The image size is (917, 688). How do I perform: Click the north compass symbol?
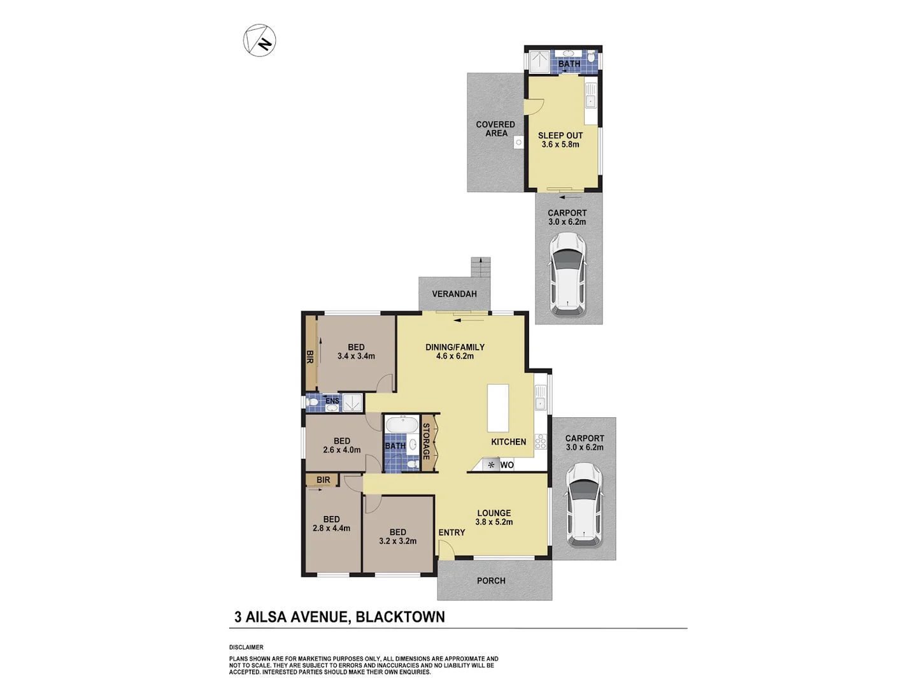pos(260,40)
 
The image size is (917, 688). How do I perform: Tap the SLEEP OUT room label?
pos(560,135)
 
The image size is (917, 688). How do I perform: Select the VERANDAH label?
pos(454,294)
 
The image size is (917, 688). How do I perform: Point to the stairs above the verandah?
pos(481,267)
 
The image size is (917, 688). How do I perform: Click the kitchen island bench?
pos(498,408)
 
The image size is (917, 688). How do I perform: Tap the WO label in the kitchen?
pos(507,465)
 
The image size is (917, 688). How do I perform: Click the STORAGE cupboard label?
pos(427,441)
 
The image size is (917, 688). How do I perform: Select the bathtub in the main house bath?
pos(401,425)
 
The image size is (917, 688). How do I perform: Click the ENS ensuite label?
pos(332,401)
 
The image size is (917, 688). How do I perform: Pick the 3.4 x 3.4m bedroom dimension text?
pos(356,356)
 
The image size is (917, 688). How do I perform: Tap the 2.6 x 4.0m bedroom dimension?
pos(342,450)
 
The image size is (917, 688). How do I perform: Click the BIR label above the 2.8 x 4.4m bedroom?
pos(323,480)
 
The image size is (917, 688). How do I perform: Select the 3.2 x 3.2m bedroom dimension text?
pos(398,541)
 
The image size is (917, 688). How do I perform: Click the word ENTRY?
pos(451,533)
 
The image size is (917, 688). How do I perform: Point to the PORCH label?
pos(491,580)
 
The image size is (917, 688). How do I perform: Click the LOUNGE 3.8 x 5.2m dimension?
pos(494,522)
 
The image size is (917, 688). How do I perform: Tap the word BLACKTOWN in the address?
pos(400,617)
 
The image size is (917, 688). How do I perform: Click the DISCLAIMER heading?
pos(246,647)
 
